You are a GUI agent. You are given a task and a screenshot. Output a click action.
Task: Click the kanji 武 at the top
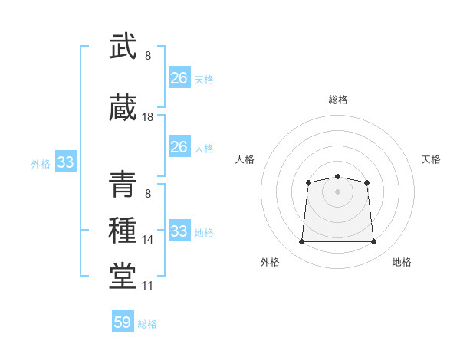pyautogui.click(x=123, y=46)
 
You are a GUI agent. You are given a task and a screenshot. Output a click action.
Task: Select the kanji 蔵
pyautogui.click(x=123, y=107)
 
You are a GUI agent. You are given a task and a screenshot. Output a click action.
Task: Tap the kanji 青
pyautogui.click(x=123, y=184)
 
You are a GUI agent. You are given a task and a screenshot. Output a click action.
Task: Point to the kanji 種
pyautogui.click(x=123, y=230)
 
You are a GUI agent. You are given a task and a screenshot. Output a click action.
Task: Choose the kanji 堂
pyautogui.click(x=123, y=276)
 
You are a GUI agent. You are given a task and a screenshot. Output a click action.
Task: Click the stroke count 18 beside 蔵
pyautogui.click(x=147, y=117)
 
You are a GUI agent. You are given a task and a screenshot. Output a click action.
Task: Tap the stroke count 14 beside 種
pyautogui.click(x=147, y=240)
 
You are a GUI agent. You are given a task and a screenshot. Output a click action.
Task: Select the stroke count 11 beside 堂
pyautogui.click(x=147, y=286)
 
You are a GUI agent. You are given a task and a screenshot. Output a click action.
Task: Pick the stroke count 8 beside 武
pyautogui.click(x=148, y=56)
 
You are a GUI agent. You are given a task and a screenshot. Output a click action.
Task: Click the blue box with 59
pyautogui.click(x=123, y=321)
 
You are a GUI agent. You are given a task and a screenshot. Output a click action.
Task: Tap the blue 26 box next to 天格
pyautogui.click(x=179, y=77)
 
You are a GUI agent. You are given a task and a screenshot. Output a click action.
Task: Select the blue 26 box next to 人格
pyautogui.click(x=179, y=146)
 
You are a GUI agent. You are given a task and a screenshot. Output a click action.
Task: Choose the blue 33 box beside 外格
pyautogui.click(x=66, y=162)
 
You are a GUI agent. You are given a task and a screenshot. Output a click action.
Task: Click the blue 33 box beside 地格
pyautogui.click(x=179, y=230)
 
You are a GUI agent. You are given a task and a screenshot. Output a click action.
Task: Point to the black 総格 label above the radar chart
pyautogui.click(x=338, y=100)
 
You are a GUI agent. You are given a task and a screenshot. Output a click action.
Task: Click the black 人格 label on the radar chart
pyautogui.click(x=245, y=159)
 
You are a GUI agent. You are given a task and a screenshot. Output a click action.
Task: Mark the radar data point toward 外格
pyautogui.click(x=301, y=241)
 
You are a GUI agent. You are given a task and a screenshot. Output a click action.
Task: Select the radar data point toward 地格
pyautogui.click(x=373, y=241)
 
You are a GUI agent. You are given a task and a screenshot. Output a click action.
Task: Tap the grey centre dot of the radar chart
pyautogui.click(x=337, y=191)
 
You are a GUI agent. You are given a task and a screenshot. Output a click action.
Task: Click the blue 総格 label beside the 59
pyautogui.click(x=147, y=324)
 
